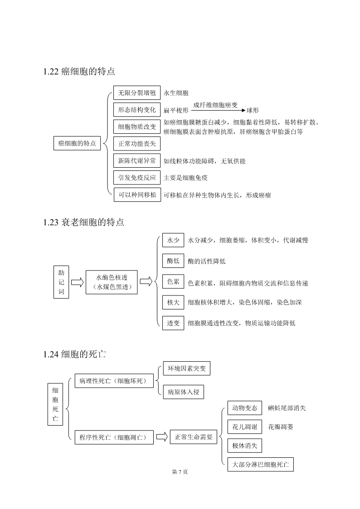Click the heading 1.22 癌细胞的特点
coord(79,72)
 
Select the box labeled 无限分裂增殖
coord(137,93)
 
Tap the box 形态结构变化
coord(137,110)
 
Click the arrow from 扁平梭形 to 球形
coord(218,111)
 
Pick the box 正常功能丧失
coord(137,144)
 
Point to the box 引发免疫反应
coord(137,178)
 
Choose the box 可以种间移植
coord(137,195)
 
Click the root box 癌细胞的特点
coord(77,143)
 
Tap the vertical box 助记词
coord(61,282)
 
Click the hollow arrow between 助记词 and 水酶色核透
coord(77,282)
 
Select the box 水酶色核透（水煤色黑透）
coord(112,282)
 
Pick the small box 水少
coord(173,240)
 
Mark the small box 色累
coord(173,281)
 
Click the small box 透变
coord(173,323)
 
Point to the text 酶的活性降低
coord(207,262)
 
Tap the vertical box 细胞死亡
coord(55,404)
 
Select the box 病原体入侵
coord(184,392)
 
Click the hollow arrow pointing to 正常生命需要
coord(162,436)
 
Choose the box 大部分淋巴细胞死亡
coord(260,465)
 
